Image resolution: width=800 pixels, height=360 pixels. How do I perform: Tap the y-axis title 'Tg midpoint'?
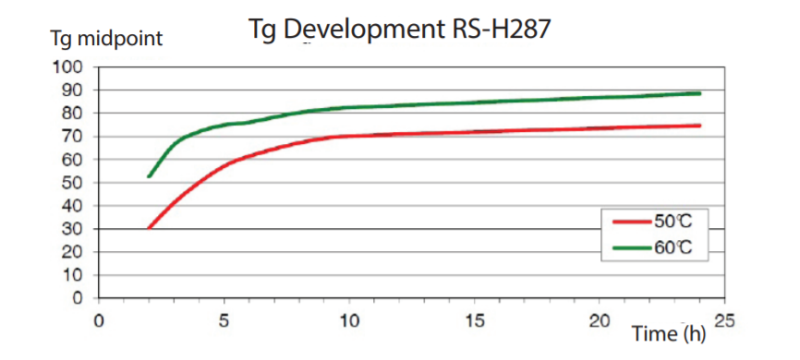106,40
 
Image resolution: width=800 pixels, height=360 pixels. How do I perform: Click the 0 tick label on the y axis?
75,298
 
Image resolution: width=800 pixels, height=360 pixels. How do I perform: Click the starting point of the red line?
149,228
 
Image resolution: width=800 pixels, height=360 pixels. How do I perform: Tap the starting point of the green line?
149,177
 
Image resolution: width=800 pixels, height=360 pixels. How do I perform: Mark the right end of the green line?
700,93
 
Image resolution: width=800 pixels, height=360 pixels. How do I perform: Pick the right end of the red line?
700,125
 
